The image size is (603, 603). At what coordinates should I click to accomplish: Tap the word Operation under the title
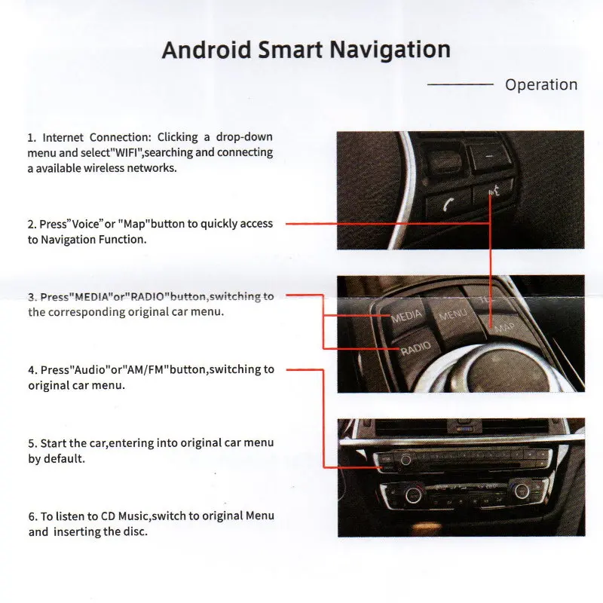click(x=541, y=84)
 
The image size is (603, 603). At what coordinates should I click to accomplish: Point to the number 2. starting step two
click(x=32, y=225)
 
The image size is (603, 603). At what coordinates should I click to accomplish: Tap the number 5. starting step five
click(x=32, y=443)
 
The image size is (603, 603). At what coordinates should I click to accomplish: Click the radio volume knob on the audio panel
click(x=406, y=460)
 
